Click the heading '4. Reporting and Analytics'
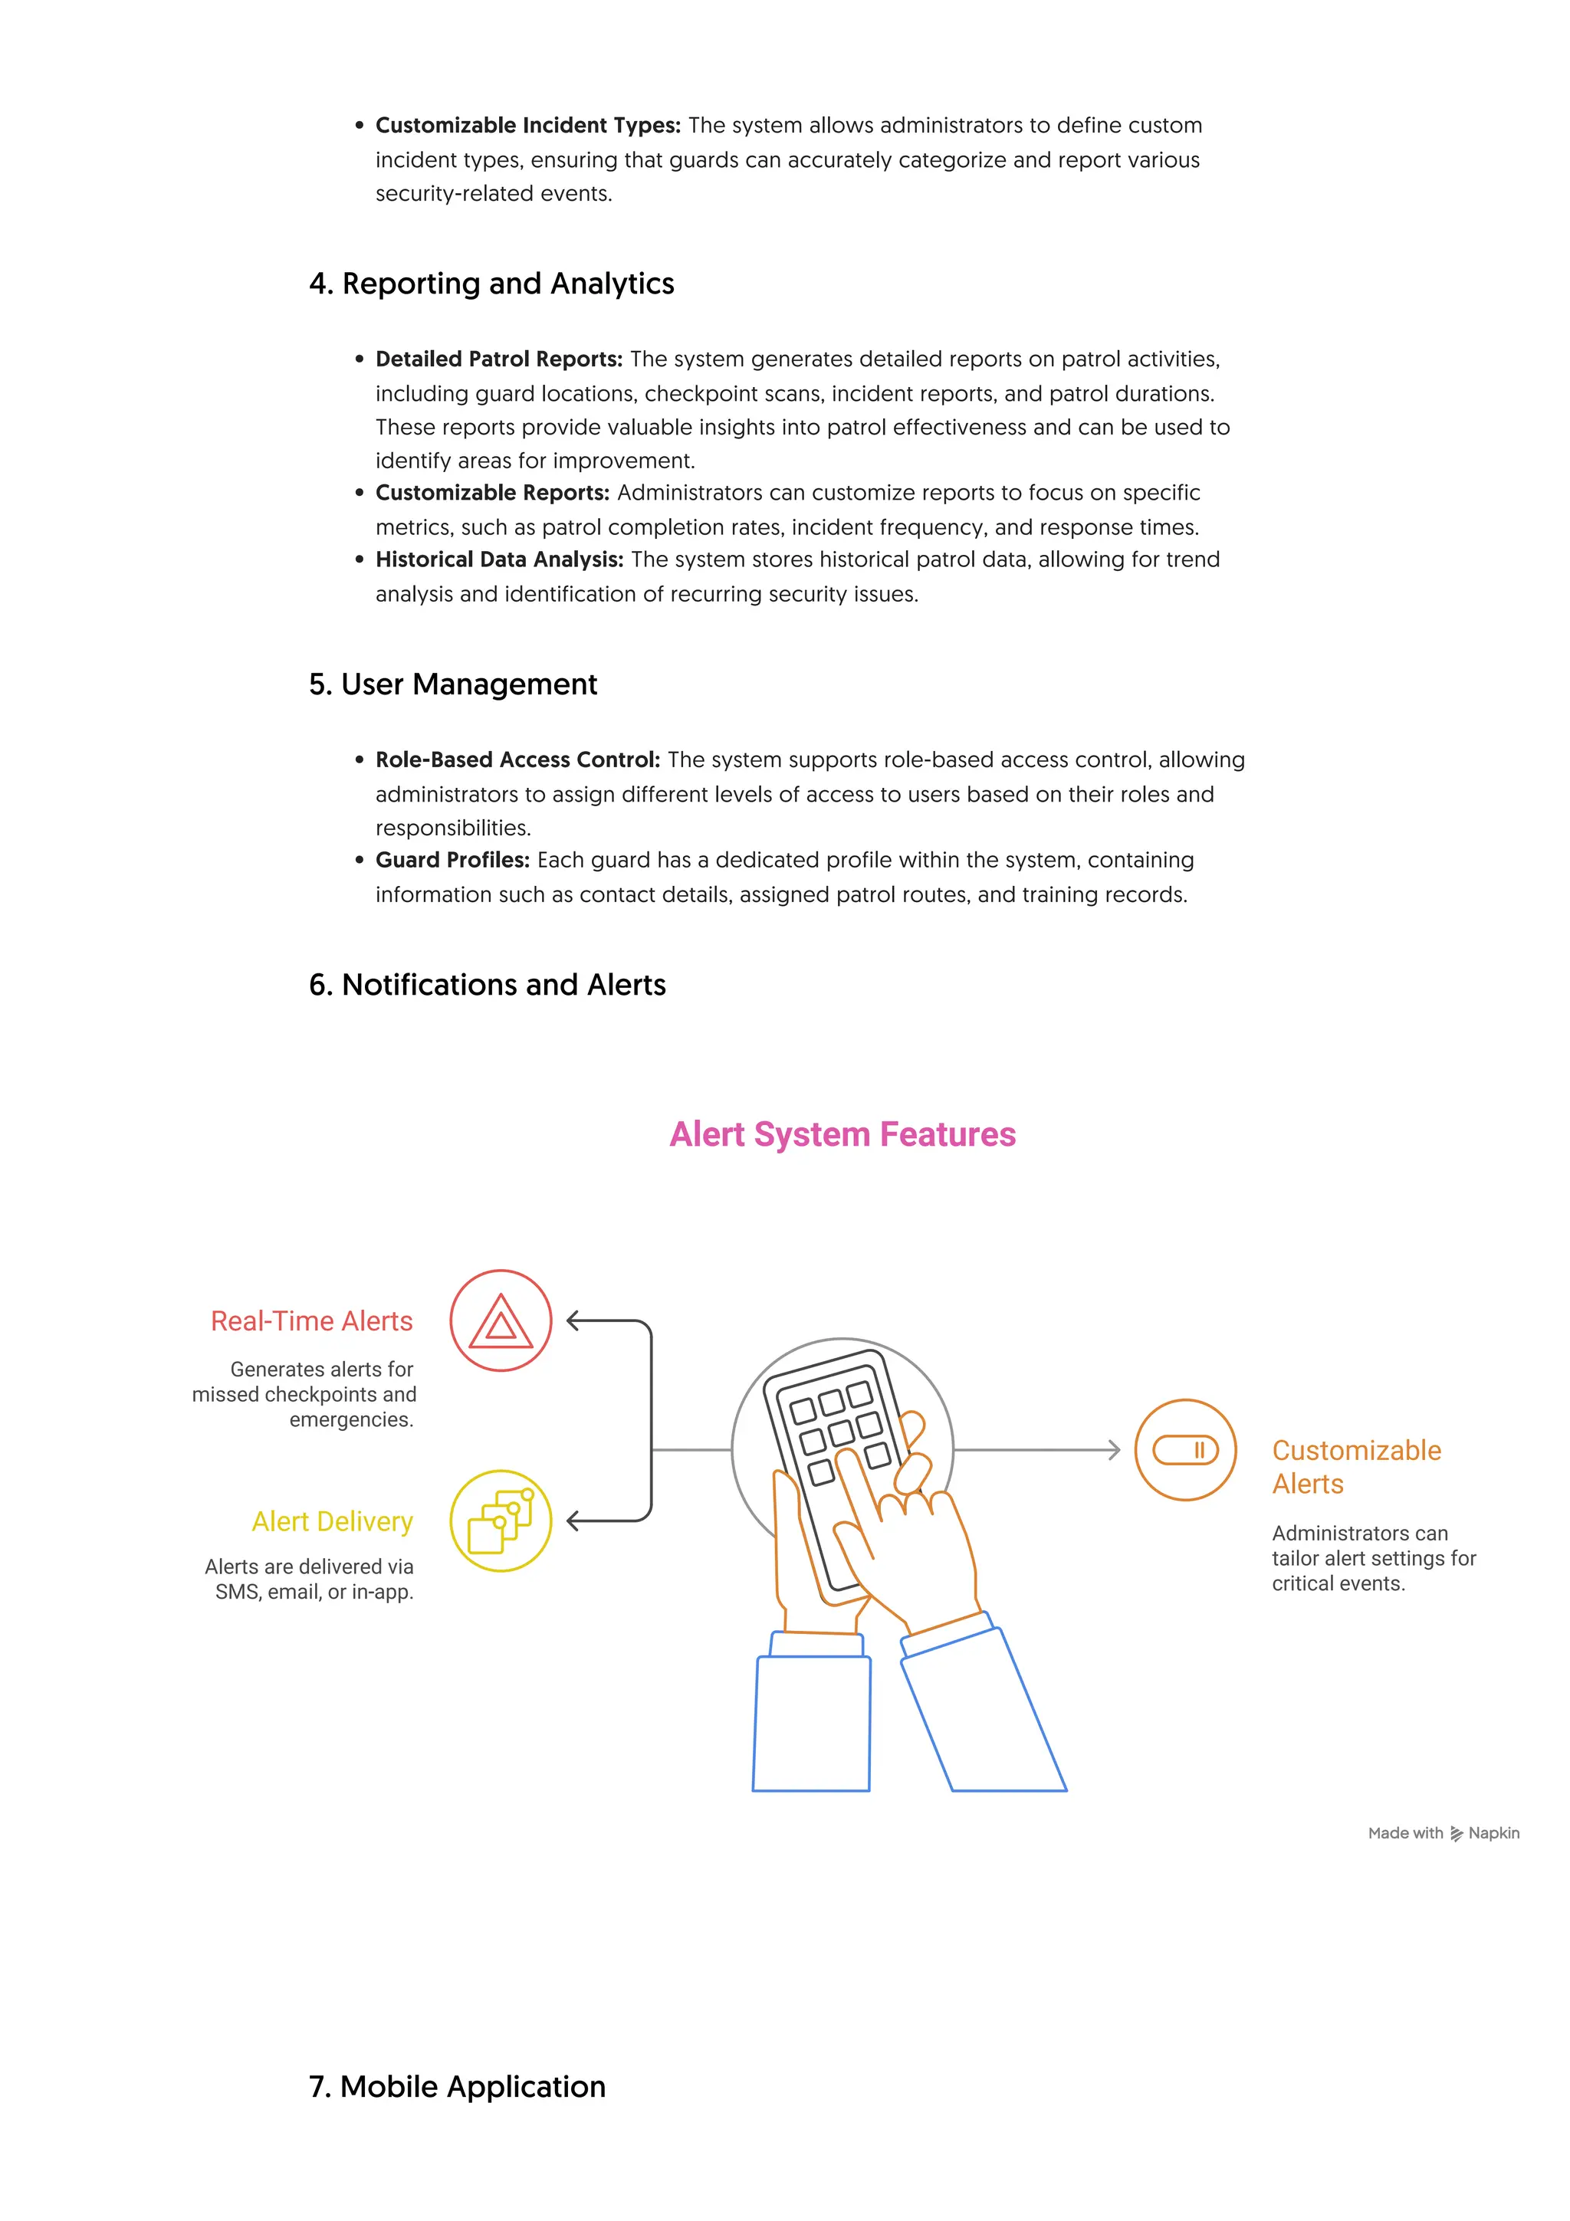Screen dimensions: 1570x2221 (491, 284)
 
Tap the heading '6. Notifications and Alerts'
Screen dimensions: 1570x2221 (487, 985)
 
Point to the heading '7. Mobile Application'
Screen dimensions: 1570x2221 (457, 2087)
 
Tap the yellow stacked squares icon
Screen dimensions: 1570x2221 (501, 1521)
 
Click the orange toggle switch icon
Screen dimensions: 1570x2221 (1185, 1450)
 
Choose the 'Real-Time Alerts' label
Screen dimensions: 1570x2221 (311, 1321)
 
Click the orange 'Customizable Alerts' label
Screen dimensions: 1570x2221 (1355, 1466)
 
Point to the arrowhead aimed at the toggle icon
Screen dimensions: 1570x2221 (1115, 1450)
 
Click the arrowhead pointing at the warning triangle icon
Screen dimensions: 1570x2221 (573, 1320)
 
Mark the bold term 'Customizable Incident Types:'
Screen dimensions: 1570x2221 (528, 126)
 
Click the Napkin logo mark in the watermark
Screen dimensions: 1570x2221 (1457, 1834)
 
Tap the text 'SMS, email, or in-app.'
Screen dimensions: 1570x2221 (314, 1593)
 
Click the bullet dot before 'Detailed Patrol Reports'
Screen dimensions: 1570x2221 (360, 360)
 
